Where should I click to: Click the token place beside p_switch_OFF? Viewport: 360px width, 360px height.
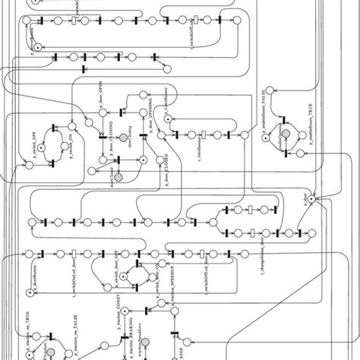(31, 163)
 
